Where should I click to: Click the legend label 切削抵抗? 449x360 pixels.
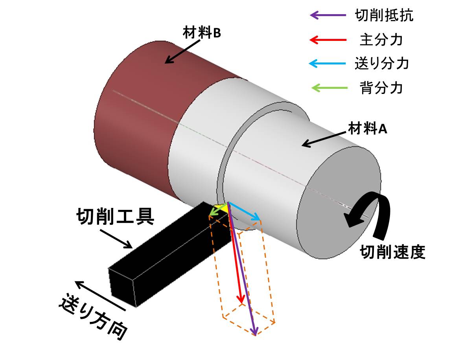click(x=384, y=16)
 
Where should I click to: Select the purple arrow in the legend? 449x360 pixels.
click(x=329, y=16)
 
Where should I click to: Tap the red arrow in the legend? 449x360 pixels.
click(x=329, y=40)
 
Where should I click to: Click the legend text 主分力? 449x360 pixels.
click(x=381, y=40)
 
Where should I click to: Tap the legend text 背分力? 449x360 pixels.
click(x=381, y=88)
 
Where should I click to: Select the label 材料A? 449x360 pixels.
click(x=368, y=129)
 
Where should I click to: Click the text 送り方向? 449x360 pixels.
click(x=94, y=316)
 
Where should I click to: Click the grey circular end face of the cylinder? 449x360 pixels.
click(x=338, y=200)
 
